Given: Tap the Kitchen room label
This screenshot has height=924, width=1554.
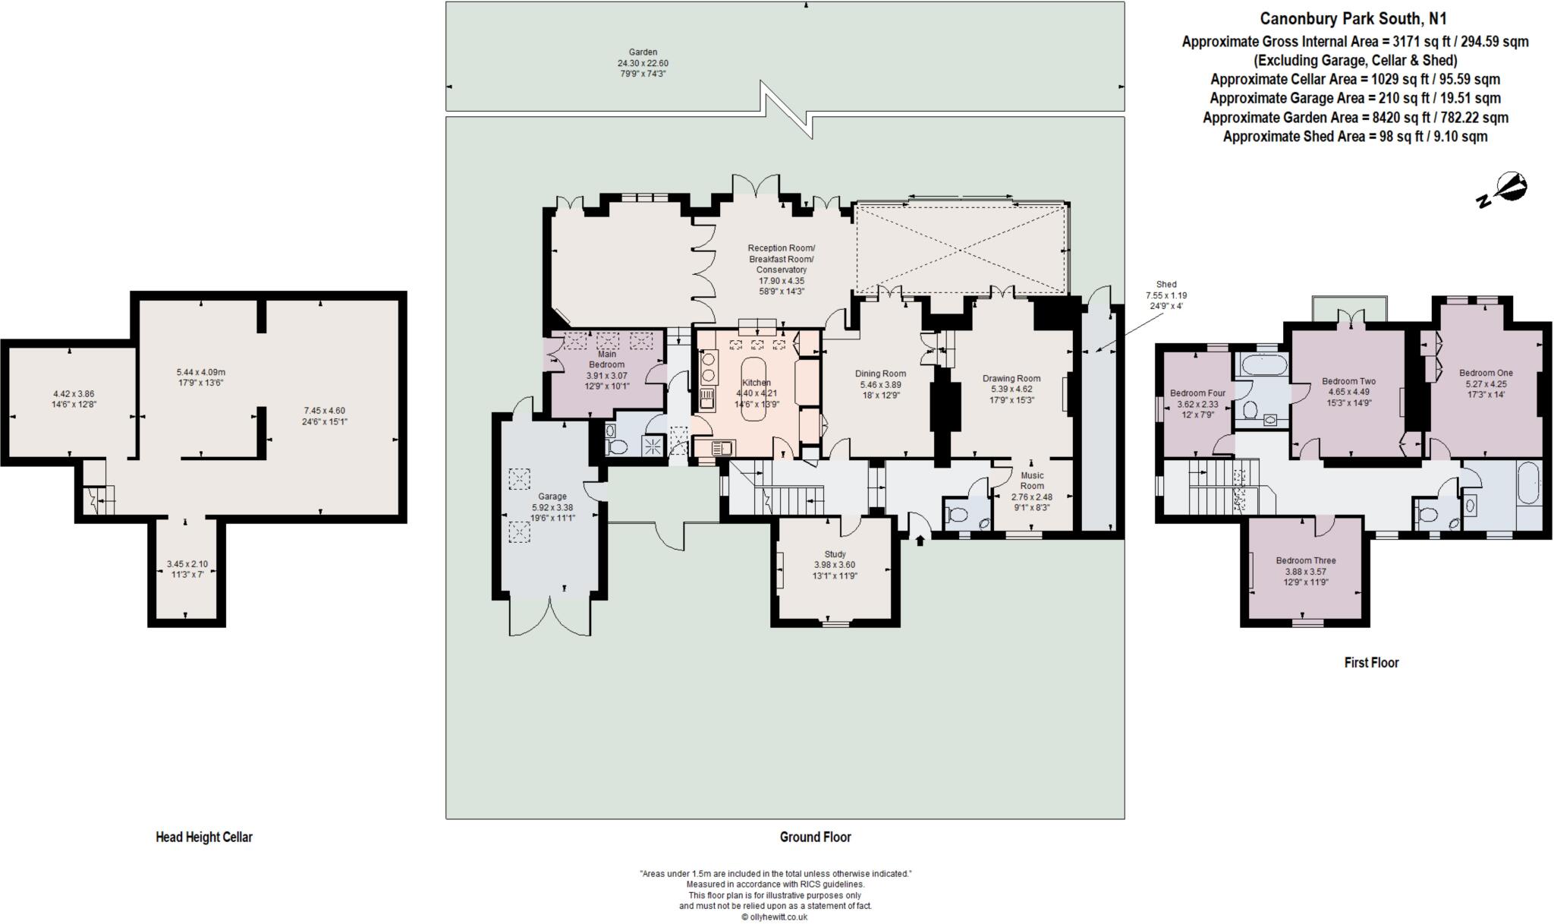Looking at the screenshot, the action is tap(757, 383).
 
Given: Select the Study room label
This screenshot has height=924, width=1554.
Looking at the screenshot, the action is tap(835, 554).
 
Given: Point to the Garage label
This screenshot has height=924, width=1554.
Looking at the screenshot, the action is tap(552, 497).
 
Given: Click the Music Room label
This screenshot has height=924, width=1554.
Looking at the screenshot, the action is tap(1032, 481).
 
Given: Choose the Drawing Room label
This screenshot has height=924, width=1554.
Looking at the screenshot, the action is tap(1011, 378).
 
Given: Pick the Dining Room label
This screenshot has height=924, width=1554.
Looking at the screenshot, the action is tap(880, 374).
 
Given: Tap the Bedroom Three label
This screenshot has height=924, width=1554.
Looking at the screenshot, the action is tap(1306, 560).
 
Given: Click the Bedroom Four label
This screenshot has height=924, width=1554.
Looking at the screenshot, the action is tap(1197, 393).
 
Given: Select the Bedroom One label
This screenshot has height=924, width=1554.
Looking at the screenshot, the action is tap(1486, 373).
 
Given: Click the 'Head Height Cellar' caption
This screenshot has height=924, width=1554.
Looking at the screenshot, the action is tap(204, 837).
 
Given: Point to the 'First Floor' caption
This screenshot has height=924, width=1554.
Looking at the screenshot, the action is tap(1371, 662).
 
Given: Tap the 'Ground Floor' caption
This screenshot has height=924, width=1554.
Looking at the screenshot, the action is tap(816, 837).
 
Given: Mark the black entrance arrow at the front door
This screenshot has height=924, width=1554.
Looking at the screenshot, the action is tap(921, 540).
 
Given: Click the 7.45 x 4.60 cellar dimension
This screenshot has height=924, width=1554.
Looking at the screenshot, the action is tap(324, 411).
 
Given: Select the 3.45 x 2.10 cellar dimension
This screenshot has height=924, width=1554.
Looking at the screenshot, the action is tap(187, 564).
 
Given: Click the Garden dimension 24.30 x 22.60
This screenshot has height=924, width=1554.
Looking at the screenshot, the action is tap(643, 63).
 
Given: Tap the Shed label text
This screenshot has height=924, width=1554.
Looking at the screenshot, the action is tap(1166, 285).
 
